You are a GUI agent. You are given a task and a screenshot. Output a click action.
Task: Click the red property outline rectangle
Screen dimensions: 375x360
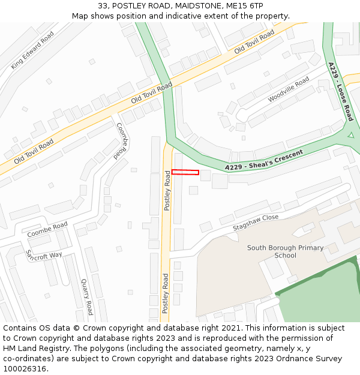pos(185,172)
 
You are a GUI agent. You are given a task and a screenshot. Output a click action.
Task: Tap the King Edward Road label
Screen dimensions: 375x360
pos(32,50)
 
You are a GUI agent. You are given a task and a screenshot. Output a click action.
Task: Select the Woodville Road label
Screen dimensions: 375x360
pos(289,89)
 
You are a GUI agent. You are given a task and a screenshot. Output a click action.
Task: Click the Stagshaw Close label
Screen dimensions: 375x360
pos(256,223)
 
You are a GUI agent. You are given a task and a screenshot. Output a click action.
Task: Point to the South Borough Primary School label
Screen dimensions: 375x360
pos(285,251)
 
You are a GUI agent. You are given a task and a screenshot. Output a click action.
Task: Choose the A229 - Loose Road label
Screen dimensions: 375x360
pos(341,91)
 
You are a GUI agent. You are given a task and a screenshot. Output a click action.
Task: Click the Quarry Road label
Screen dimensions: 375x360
pos(88,296)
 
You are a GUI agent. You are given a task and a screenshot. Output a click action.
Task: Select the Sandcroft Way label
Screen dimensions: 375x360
pos(43,255)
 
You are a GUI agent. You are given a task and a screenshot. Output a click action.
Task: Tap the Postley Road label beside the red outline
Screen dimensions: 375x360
pos(167,191)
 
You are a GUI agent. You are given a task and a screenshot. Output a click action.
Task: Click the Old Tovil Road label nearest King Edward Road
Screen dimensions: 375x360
pos(34,151)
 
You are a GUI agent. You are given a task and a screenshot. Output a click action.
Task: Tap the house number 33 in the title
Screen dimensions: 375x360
pos(103,6)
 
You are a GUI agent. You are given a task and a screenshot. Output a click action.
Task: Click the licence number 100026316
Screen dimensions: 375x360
pos(25,369)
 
